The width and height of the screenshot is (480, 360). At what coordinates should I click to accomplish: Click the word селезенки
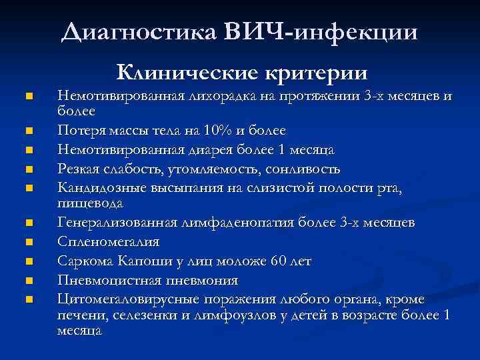pyautogui.click(x=141, y=314)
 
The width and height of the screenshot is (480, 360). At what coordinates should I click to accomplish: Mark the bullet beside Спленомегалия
pyautogui.click(x=28, y=241)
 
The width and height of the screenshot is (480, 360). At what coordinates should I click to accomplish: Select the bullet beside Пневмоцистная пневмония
pyautogui.click(x=28, y=279)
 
